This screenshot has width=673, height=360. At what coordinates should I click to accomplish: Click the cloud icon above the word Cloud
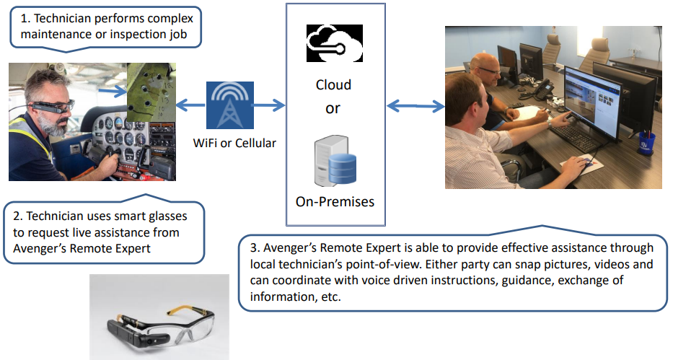[335, 43]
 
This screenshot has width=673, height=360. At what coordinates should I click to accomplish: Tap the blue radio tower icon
[230, 105]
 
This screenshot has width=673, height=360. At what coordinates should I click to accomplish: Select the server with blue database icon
[335, 162]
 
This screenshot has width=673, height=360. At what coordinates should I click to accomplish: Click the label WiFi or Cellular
[234, 143]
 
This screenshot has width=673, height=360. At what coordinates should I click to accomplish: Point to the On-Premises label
[335, 202]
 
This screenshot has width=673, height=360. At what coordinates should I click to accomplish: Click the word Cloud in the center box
[333, 85]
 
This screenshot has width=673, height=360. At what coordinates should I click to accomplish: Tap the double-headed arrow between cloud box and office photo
[415, 106]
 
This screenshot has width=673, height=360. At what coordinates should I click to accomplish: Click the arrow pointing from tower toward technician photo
[191, 105]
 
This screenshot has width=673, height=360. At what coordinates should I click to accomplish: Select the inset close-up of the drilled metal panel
[151, 92]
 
